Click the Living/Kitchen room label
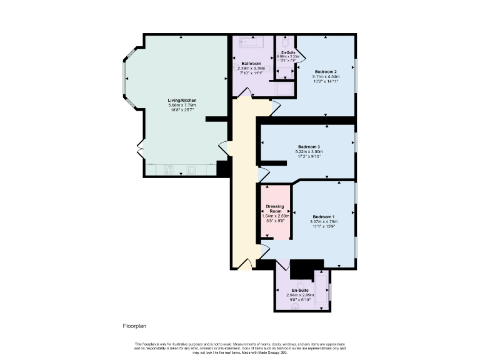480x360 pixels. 182,100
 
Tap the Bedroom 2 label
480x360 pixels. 326,72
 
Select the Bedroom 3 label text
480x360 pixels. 309,147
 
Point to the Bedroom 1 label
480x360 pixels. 324,216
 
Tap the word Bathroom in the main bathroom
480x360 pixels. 251,64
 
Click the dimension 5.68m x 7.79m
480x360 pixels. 182,105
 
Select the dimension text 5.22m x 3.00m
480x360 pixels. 309,152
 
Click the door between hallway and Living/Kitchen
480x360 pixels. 224,149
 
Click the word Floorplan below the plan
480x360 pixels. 134,326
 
